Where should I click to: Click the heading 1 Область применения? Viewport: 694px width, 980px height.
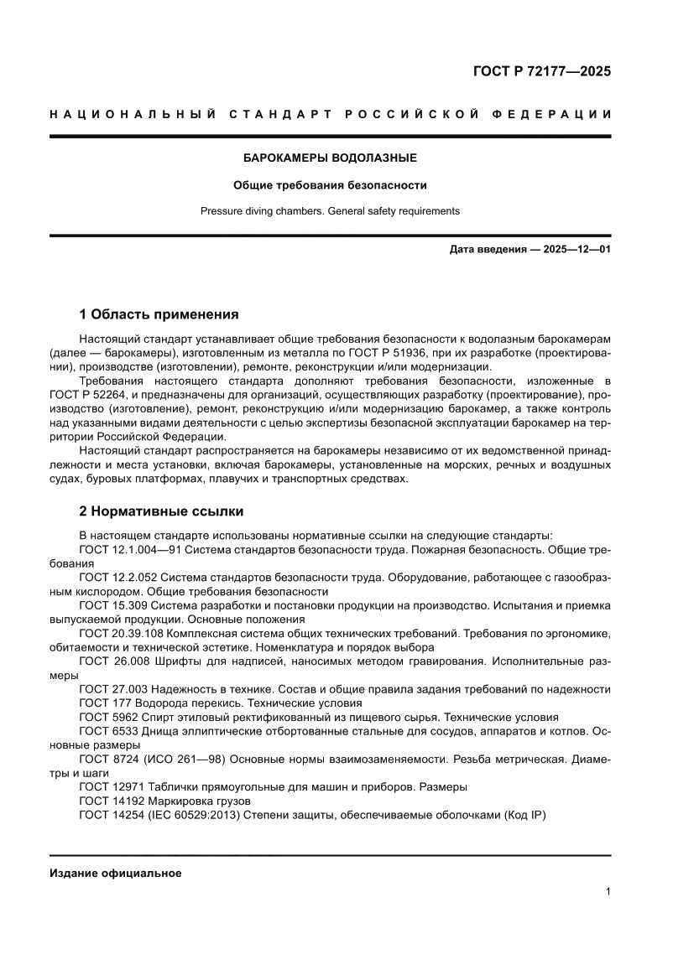[159, 315]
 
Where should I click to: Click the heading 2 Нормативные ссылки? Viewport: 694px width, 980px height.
[161, 511]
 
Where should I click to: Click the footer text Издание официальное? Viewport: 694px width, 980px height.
[116, 873]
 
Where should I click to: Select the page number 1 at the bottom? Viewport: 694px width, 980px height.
[607, 892]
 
